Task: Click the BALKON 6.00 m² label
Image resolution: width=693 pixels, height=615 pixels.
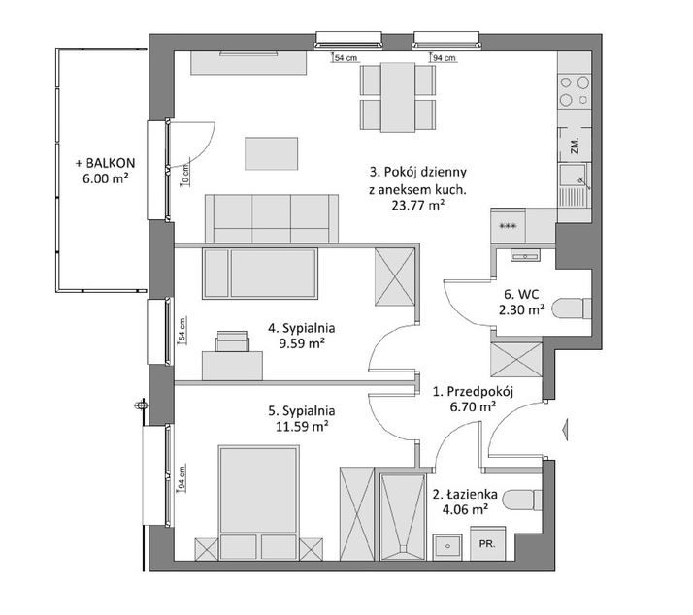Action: [x=105, y=171]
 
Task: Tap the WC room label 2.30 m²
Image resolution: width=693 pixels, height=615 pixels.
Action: [x=521, y=303]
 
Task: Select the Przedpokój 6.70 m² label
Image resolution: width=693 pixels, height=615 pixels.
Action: [x=473, y=399]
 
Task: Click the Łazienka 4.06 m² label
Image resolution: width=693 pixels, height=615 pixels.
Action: [x=465, y=502]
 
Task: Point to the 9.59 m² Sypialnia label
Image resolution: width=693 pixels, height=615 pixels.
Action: [x=302, y=336]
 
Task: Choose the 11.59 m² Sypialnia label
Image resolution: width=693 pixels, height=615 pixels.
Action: [x=302, y=418]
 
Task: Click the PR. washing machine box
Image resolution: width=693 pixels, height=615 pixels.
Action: [x=487, y=544]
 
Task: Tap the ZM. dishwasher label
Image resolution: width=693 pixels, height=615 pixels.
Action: [x=575, y=146]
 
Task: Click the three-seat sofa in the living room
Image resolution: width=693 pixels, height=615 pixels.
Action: [x=272, y=218]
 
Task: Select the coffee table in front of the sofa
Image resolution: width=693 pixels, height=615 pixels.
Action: [x=272, y=153]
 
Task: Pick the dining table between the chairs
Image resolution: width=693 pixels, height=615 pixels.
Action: [x=398, y=98]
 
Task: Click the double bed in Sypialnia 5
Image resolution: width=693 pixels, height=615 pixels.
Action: [x=257, y=502]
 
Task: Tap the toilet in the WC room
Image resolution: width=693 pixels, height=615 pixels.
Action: [x=572, y=308]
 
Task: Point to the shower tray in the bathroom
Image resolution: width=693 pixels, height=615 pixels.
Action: [x=402, y=517]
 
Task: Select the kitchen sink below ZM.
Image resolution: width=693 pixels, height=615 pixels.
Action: [x=575, y=184]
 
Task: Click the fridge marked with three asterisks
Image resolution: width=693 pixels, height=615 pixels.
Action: [x=508, y=226]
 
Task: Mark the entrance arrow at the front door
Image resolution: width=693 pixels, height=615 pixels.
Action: [x=566, y=428]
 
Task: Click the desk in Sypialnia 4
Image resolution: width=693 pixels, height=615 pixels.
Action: [x=232, y=366]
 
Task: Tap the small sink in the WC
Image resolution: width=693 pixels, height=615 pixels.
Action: [x=525, y=255]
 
